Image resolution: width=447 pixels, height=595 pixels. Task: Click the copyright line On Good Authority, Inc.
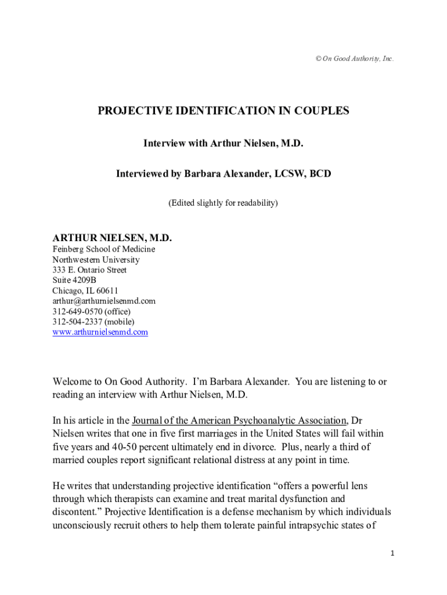click(x=352, y=59)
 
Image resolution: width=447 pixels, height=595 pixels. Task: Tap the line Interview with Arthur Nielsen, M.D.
click(x=223, y=143)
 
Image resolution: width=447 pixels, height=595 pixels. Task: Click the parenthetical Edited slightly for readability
click(x=223, y=203)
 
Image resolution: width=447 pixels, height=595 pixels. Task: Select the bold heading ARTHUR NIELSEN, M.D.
click(x=112, y=238)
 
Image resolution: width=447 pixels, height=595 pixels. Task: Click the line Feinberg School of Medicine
click(x=104, y=249)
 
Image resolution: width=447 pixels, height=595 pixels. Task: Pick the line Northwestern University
click(x=96, y=260)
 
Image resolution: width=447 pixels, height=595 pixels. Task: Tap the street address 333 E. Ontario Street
click(x=89, y=270)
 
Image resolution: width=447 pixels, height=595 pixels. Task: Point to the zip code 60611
click(x=107, y=291)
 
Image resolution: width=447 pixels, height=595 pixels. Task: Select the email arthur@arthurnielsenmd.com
click(x=104, y=301)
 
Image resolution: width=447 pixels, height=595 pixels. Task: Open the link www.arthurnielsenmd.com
click(x=100, y=332)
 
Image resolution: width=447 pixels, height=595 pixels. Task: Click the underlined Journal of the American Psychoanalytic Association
click(x=239, y=420)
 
